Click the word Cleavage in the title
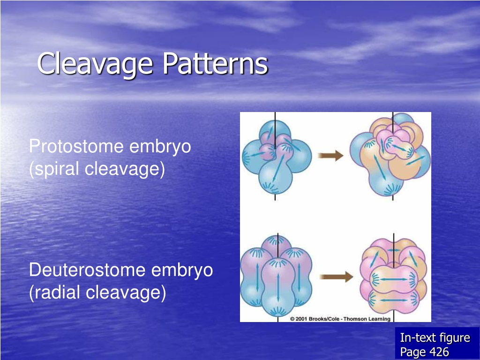pos(95,63)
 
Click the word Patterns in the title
pos(215,63)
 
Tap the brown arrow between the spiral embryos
pos(330,156)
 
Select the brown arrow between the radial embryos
pos(336,277)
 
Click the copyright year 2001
pos(301,319)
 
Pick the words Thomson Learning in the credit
pos(367,319)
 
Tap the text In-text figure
pos(435,337)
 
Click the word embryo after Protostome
pos(160,147)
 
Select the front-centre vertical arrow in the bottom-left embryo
pos(278,288)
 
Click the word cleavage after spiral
pos(124,169)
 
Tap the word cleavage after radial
pos(126,292)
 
